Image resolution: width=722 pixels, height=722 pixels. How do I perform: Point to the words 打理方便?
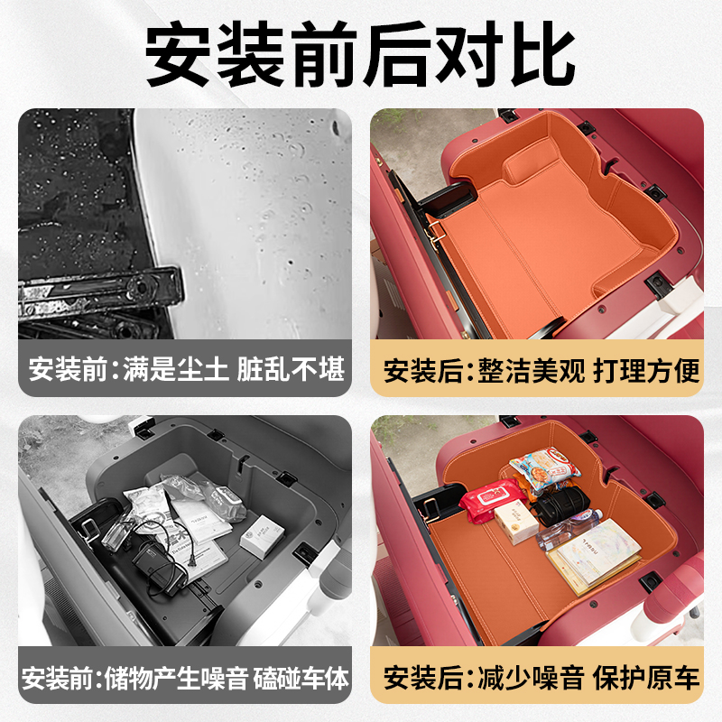pyautogui.click(x=646, y=371)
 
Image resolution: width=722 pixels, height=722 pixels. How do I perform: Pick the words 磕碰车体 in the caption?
pyautogui.click(x=301, y=677)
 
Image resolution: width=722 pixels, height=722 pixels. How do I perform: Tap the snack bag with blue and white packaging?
pyautogui.click(x=543, y=469)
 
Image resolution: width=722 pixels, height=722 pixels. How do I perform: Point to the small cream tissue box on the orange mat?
pyautogui.click(x=516, y=523)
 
